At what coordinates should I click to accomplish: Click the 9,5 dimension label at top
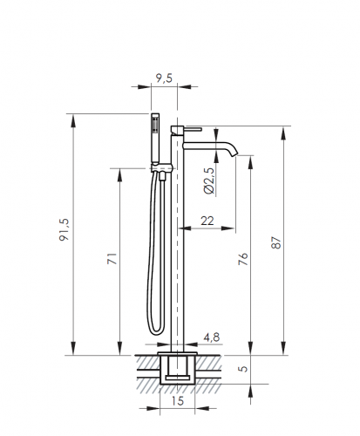[x=164, y=78]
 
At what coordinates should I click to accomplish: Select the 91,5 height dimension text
[x=64, y=229]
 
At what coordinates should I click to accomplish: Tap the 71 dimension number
[x=112, y=259]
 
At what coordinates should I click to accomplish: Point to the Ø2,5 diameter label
[x=209, y=181]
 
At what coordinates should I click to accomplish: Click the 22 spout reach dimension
[x=207, y=221]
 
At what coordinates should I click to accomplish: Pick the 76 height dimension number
[x=243, y=259]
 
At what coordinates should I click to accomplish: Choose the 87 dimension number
[x=276, y=242]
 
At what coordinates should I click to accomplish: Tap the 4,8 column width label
[x=212, y=337]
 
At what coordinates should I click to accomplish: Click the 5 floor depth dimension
[x=243, y=369]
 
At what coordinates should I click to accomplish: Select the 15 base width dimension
[x=178, y=401]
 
